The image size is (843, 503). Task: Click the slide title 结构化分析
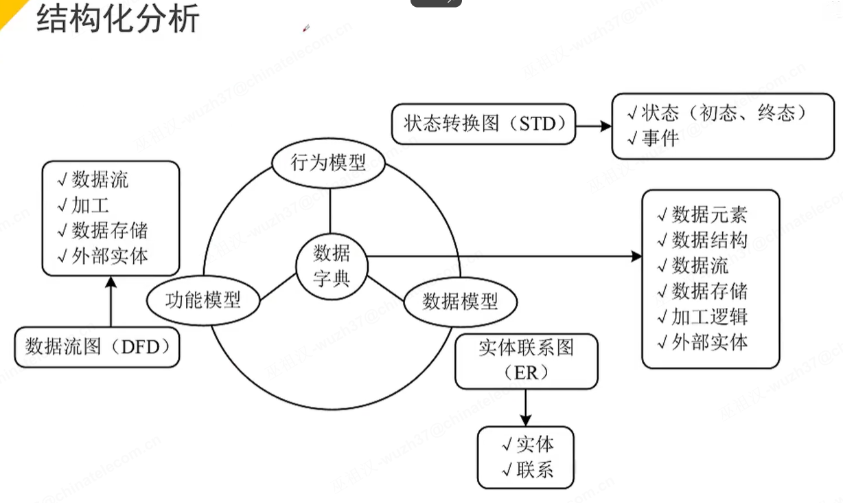pyautogui.click(x=117, y=19)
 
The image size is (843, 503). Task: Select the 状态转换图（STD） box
pyautogui.click(x=483, y=124)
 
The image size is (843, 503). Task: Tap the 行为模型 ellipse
pyautogui.click(x=328, y=163)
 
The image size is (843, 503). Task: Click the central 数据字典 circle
pyautogui.click(x=332, y=265)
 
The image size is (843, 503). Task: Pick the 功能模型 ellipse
pyautogui.click(x=203, y=300)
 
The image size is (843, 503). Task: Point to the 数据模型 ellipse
pyautogui.click(x=460, y=301)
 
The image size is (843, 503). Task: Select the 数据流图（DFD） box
pyautogui.click(x=97, y=347)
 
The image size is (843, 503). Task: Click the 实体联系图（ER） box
pyautogui.click(x=526, y=360)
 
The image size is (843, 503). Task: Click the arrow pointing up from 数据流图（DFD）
pyautogui.click(x=111, y=302)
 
